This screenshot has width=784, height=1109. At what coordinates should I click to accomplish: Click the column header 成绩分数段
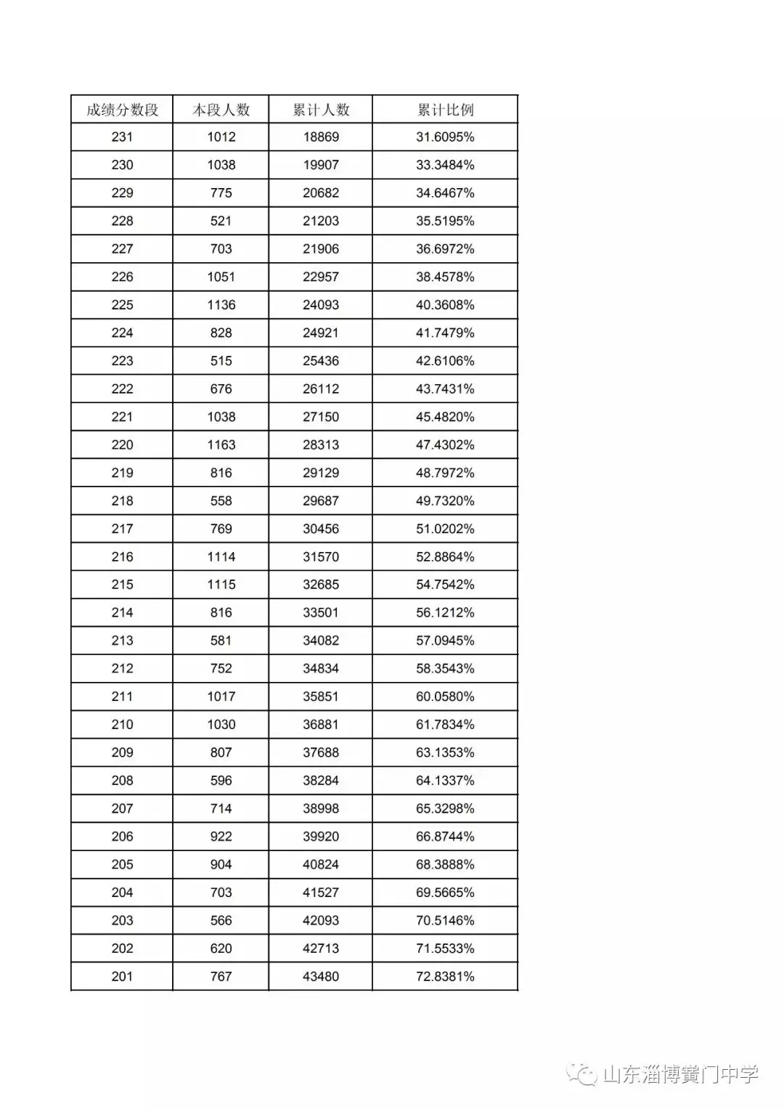click(122, 110)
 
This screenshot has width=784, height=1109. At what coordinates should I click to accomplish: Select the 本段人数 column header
click(221, 110)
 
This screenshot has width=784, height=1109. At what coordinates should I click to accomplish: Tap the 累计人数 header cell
click(321, 110)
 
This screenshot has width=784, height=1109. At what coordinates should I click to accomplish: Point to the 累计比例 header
click(445, 110)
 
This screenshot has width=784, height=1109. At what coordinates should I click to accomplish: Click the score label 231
click(122, 137)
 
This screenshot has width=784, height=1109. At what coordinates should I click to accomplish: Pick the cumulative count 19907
click(321, 165)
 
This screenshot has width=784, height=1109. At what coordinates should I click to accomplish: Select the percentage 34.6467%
click(445, 193)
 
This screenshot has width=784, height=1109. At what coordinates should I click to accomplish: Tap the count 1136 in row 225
click(221, 305)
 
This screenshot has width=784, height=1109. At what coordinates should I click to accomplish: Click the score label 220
click(122, 445)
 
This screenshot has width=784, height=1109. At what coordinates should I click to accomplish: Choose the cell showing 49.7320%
click(445, 501)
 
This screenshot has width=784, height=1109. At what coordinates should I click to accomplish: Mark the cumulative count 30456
click(321, 529)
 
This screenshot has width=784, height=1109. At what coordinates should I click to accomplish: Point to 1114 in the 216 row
click(221, 557)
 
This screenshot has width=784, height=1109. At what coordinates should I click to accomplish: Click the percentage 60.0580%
click(445, 696)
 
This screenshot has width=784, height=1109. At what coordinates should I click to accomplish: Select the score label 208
click(122, 781)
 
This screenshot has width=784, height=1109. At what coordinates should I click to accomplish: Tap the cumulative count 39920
click(321, 837)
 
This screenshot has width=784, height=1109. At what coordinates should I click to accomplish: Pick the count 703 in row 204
click(221, 893)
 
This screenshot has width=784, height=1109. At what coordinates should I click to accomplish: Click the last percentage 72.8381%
click(445, 977)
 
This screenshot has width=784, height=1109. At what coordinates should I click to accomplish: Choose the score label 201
click(122, 977)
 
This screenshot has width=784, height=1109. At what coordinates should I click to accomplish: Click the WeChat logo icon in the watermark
click(582, 1074)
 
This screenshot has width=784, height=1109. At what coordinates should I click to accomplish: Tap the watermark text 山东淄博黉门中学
click(680, 1074)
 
